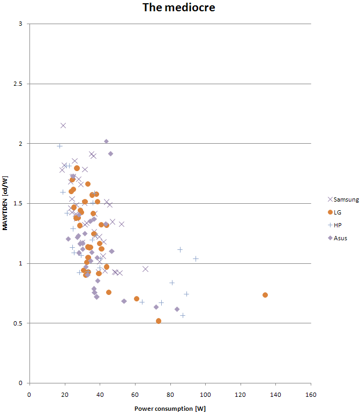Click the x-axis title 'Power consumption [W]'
pyautogui.click(x=170, y=408)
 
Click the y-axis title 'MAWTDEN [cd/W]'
pyautogui.click(x=5, y=203)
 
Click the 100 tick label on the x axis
pyautogui.click(x=205, y=394)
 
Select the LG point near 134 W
pyautogui.click(x=265, y=295)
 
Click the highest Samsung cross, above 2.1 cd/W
pyautogui.click(x=63, y=125)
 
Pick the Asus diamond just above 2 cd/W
pyautogui.click(x=106, y=142)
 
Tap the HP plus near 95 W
pyautogui.click(x=196, y=258)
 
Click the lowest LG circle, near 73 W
pyautogui.click(x=159, y=321)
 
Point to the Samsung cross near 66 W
pyautogui.click(x=145, y=269)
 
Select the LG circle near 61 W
pyautogui.click(x=137, y=299)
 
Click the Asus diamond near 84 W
pyautogui.click(x=177, y=309)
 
